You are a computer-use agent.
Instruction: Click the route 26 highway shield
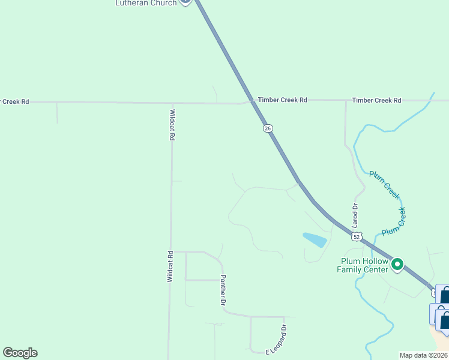coord(268,128)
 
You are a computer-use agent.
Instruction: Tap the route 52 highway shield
coord(357,237)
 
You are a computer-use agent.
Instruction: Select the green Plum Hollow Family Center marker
coord(397,264)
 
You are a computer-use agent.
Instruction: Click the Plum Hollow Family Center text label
coord(364,265)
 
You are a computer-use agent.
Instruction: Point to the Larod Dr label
coord(355,214)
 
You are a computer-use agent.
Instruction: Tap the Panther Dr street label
coord(223,290)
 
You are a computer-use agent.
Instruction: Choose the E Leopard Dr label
coord(277,340)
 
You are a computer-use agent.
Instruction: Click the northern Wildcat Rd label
coord(172,125)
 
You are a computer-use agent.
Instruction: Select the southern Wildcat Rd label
coord(170,266)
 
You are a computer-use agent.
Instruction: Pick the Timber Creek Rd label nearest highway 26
coord(282,100)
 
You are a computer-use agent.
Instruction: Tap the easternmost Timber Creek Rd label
coord(376,100)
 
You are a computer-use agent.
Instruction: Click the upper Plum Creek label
coord(384,184)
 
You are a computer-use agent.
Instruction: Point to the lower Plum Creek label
coord(394,221)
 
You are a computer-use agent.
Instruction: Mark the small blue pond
coord(315,240)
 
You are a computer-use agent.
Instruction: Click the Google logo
coord(20,353)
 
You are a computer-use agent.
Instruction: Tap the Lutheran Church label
coord(146,3)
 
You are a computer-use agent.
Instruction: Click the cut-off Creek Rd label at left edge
coord(14,101)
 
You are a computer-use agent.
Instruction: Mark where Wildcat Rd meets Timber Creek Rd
coord(172,103)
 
